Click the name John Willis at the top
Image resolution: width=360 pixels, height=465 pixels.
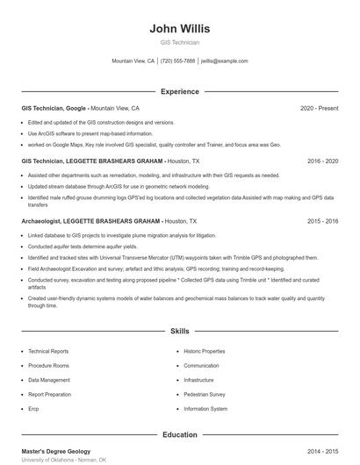(x=179, y=28)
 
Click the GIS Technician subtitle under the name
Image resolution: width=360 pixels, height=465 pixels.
(x=179, y=42)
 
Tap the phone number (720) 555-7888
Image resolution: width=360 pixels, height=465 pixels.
(x=177, y=61)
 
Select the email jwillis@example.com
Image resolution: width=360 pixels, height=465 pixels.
(x=224, y=61)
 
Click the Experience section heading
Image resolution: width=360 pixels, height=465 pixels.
(x=179, y=91)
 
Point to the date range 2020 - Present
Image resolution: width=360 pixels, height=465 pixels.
(x=319, y=108)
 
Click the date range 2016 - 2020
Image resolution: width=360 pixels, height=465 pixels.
(x=322, y=161)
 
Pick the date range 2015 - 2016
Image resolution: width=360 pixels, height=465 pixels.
(x=322, y=222)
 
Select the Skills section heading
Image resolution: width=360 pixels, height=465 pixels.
(x=179, y=332)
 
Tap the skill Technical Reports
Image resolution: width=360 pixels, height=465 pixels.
(x=47, y=351)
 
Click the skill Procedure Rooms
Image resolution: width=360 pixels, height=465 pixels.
(x=48, y=366)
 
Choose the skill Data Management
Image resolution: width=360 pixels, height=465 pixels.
(x=49, y=380)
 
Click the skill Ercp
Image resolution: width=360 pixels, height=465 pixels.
(x=33, y=409)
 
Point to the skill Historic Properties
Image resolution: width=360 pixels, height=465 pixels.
(x=205, y=351)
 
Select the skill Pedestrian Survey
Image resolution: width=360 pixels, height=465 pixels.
(x=205, y=395)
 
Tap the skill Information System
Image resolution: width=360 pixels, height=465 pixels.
(x=205, y=409)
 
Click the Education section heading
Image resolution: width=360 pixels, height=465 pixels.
(x=179, y=434)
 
